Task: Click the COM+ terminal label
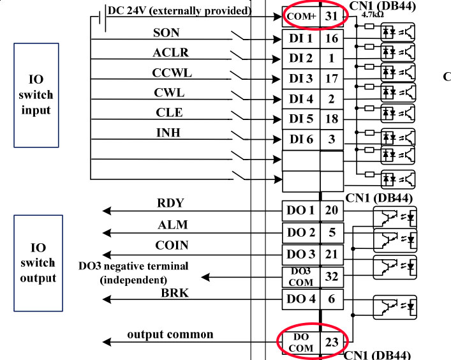point(301,17)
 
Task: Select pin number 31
point(331,17)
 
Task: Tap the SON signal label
point(166,33)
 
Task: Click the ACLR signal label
point(170,52)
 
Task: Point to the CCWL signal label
point(172,73)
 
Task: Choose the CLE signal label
point(169,113)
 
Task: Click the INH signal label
point(169,133)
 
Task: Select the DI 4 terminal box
point(301,100)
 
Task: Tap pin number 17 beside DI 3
point(331,79)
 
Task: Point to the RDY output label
point(170,204)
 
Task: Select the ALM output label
point(170,225)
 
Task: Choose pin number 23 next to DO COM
point(332,342)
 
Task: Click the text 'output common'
point(170,334)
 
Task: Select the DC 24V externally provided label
point(179,11)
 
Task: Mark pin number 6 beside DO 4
point(331,298)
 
